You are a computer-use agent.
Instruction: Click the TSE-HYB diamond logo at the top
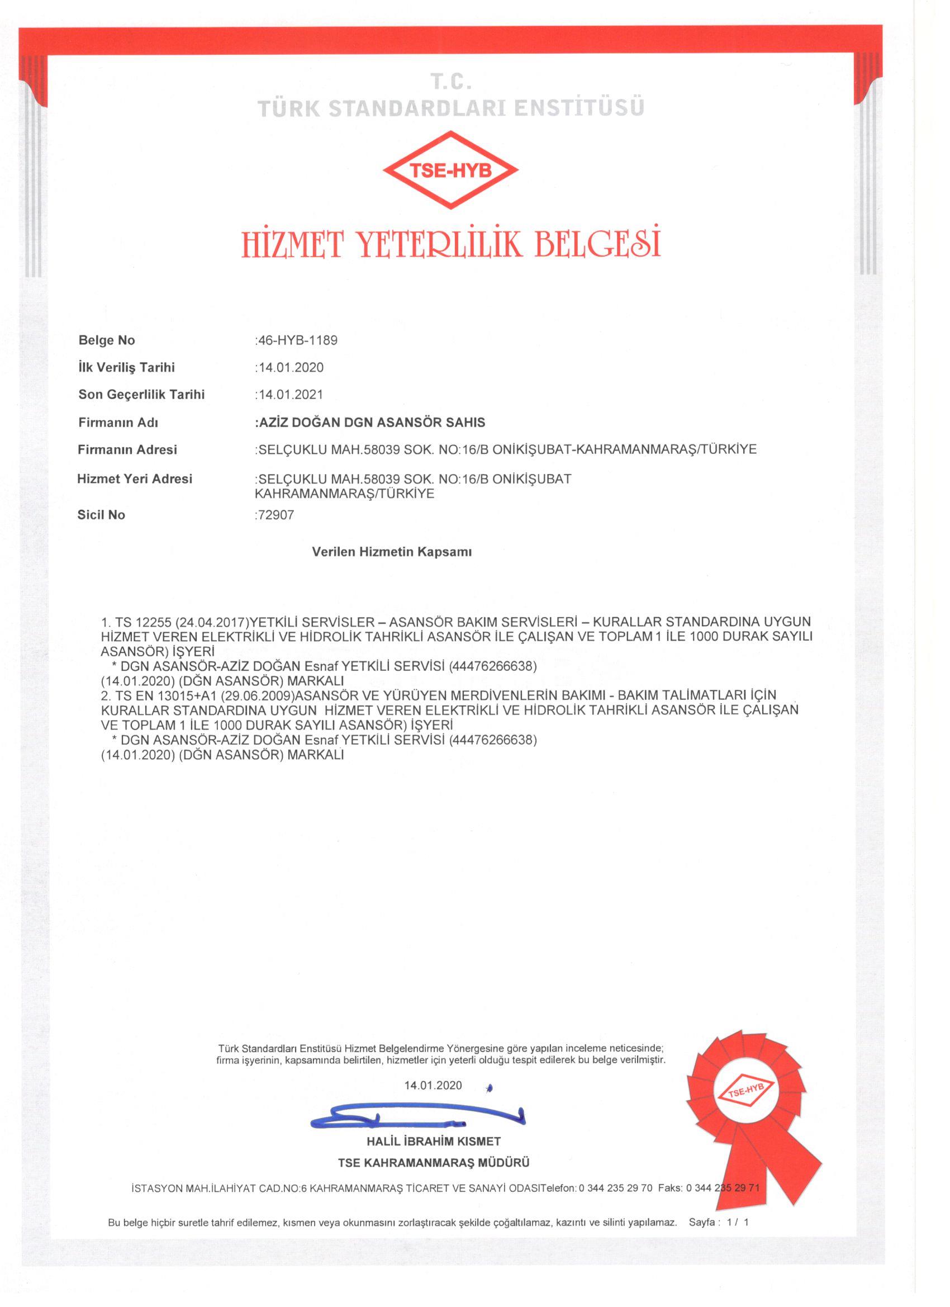point(450,171)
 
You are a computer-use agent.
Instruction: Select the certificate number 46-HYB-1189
point(297,340)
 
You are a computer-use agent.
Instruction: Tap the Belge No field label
point(107,340)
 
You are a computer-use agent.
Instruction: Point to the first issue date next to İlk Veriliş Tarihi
point(291,368)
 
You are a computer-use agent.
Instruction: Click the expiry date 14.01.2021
point(291,395)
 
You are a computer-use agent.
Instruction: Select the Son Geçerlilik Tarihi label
point(141,395)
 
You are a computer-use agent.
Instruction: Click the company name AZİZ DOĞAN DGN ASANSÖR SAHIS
point(371,423)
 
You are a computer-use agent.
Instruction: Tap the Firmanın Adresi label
point(127,449)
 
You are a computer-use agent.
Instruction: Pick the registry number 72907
point(275,515)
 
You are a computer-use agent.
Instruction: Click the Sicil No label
point(101,515)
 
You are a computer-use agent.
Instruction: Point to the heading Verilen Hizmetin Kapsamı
point(392,552)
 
